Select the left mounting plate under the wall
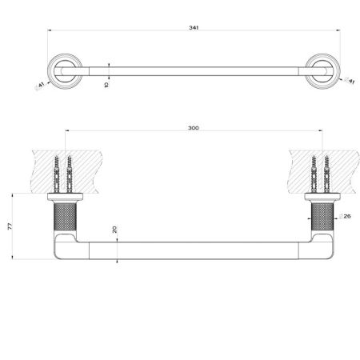[65, 197]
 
